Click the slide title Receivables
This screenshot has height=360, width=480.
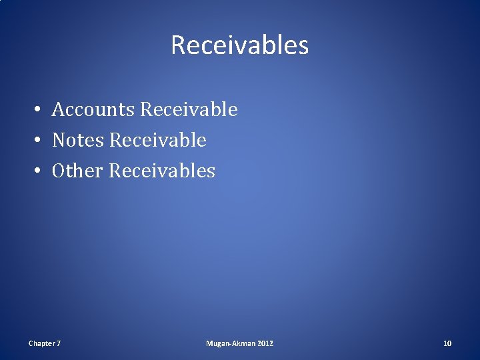239,45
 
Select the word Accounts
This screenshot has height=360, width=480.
93,109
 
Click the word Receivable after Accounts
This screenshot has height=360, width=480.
189,109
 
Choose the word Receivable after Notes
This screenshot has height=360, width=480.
157,140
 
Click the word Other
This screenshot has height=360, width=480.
77,171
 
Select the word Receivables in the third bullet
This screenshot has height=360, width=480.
162,171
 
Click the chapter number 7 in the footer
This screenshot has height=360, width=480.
59,343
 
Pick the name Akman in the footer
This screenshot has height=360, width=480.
244,343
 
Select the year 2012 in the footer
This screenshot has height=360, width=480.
265,343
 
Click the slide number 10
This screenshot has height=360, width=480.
447,343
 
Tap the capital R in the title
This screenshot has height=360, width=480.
178,45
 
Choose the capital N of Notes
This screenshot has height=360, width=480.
59,140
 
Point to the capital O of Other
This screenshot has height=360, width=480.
59,171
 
